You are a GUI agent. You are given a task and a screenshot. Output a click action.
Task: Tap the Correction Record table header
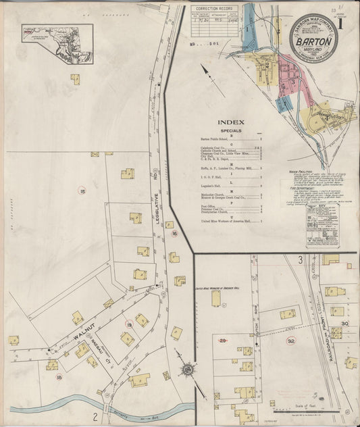214,9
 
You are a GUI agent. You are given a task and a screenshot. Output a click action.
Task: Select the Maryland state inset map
57,34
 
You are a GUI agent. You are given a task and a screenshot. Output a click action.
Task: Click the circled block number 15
82,193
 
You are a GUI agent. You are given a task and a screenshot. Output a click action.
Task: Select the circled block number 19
128,325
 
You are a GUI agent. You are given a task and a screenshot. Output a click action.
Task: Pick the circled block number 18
59,377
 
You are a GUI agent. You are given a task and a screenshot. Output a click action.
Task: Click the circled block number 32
291,341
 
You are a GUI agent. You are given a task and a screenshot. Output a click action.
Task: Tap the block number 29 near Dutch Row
222,339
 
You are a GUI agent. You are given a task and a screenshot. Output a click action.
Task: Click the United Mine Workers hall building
216,298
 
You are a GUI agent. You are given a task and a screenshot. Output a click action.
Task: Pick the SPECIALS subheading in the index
230,132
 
